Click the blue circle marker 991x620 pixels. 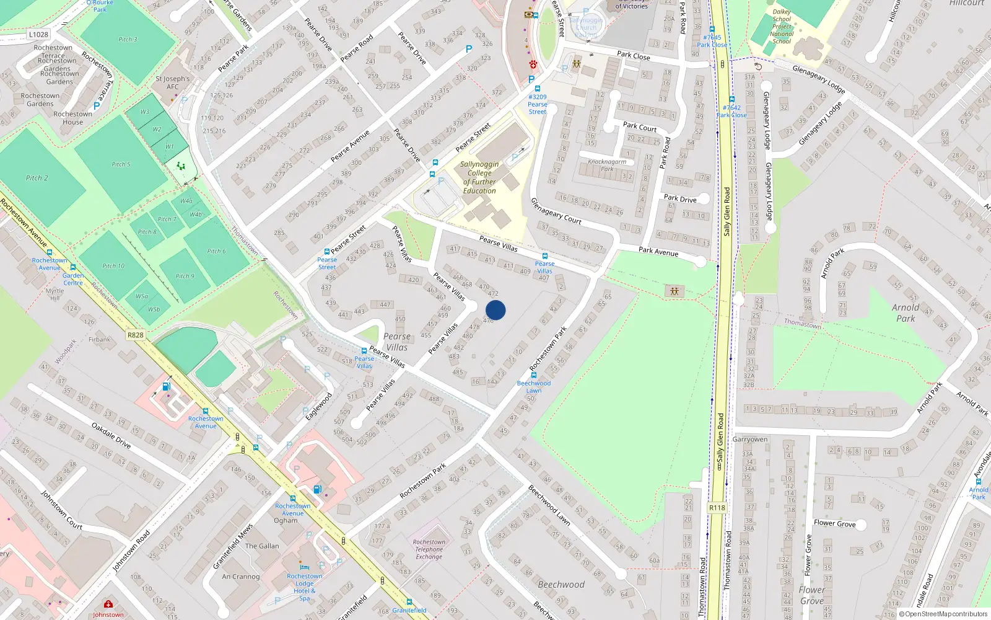coord(495,310)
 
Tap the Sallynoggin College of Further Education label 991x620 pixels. coord(479,178)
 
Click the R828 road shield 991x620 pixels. coord(135,335)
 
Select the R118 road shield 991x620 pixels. coord(717,508)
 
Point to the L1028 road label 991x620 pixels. coord(38,35)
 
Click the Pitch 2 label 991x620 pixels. coord(37,178)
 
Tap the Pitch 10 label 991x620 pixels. coord(113,266)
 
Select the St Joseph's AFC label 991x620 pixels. coord(172,82)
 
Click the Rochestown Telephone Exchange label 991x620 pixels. coord(429,549)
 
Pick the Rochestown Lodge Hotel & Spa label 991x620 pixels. coord(304,587)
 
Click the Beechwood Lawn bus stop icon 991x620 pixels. coord(534,375)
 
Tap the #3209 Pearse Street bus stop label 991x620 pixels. coord(537,104)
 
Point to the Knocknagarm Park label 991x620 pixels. coord(607,165)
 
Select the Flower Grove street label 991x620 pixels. coord(834,523)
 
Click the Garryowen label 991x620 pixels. coord(749,440)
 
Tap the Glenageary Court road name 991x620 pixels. coord(556,211)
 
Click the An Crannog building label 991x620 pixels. coord(241,577)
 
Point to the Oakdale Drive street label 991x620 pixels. coord(111,435)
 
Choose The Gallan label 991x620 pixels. coord(262,546)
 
